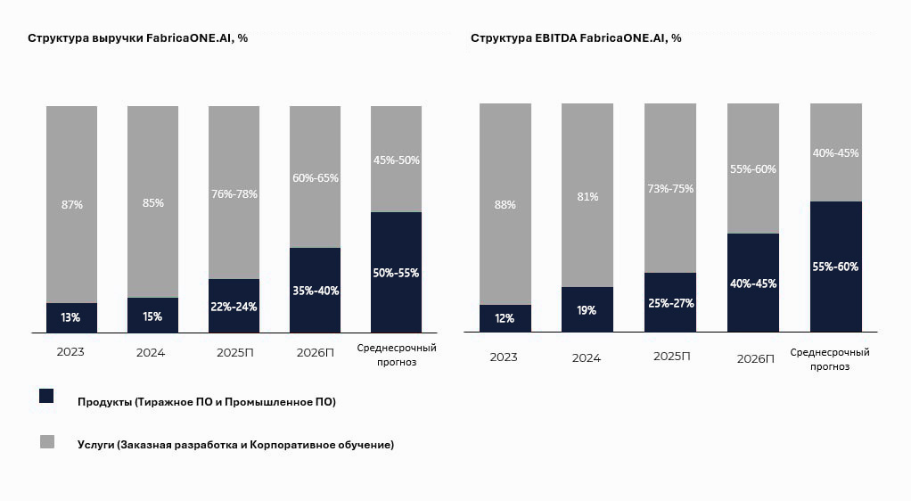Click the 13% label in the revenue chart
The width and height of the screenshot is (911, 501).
70,317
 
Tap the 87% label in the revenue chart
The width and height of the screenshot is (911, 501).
71,205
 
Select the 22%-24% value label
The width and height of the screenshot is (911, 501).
234,307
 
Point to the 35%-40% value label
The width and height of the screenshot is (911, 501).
315,291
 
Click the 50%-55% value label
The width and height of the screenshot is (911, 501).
396,273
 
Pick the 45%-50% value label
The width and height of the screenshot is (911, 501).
396,160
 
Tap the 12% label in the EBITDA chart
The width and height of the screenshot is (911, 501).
505,319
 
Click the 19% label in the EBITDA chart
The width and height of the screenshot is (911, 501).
587,310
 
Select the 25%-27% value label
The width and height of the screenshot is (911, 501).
670,303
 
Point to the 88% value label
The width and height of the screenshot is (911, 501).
505,205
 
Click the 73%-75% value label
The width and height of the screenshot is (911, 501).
670,189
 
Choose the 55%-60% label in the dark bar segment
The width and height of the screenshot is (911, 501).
836,267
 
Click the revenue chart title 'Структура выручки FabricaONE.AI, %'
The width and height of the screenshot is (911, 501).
137,38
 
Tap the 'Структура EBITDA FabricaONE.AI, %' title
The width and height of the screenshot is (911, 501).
576,38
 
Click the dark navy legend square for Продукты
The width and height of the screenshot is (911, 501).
47,396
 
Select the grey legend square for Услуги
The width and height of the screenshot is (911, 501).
47,441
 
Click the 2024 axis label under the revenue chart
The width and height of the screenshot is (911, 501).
152,352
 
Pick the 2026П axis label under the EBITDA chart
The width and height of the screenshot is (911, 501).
754,357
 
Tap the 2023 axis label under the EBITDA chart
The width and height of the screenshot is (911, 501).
504,357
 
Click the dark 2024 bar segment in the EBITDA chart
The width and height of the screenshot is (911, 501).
587,309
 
